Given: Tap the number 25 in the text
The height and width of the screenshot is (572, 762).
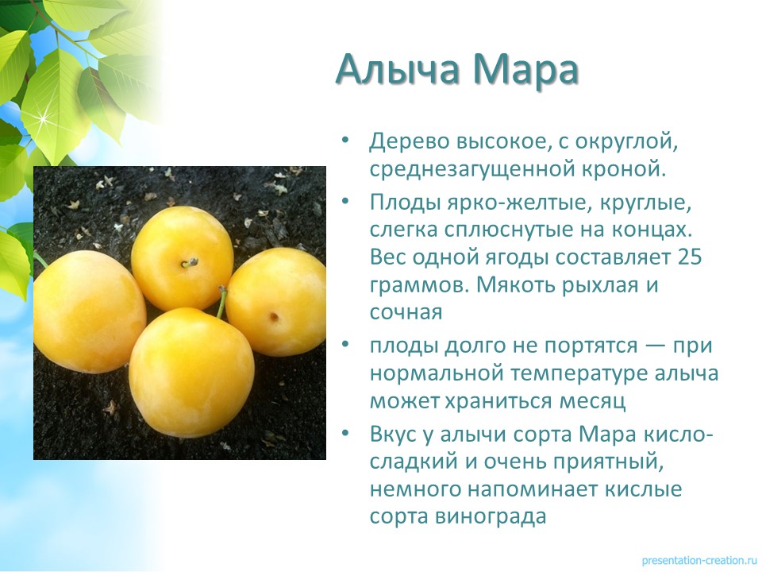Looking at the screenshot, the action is click(690, 257).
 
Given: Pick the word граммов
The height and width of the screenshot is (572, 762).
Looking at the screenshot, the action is click(420, 285).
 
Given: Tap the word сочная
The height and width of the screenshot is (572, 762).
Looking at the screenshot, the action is click(406, 312).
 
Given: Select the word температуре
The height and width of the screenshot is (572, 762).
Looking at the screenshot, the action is click(579, 374).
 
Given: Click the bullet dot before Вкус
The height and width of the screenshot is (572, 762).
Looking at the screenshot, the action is click(345, 432).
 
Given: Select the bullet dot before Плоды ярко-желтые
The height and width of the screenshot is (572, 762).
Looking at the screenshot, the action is click(345, 200).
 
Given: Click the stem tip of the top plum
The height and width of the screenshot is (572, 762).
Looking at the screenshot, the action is click(195, 261).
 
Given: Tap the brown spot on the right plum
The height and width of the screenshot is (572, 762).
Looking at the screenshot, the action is click(275, 317).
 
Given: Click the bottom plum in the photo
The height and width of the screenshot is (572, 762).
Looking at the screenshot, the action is click(191, 372).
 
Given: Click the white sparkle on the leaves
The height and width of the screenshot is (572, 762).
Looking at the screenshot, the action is click(44, 118).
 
